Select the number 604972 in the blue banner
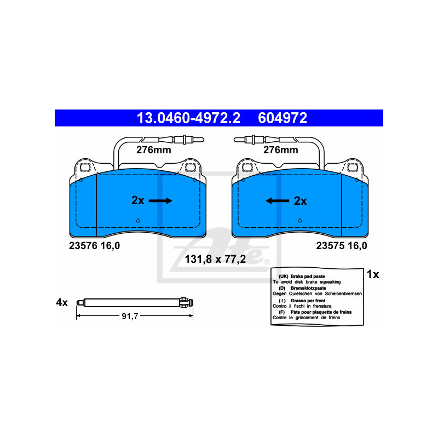point(284,118)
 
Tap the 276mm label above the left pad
point(154,149)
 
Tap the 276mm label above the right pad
point(280,149)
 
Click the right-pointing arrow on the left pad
point(160,201)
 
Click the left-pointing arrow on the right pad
point(278,201)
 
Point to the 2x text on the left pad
point(138,201)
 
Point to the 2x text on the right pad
point(301,201)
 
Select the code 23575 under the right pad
point(329,246)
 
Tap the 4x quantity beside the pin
point(61,302)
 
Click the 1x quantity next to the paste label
point(372,274)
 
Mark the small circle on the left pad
point(137,221)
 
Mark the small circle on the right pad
point(301,220)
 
